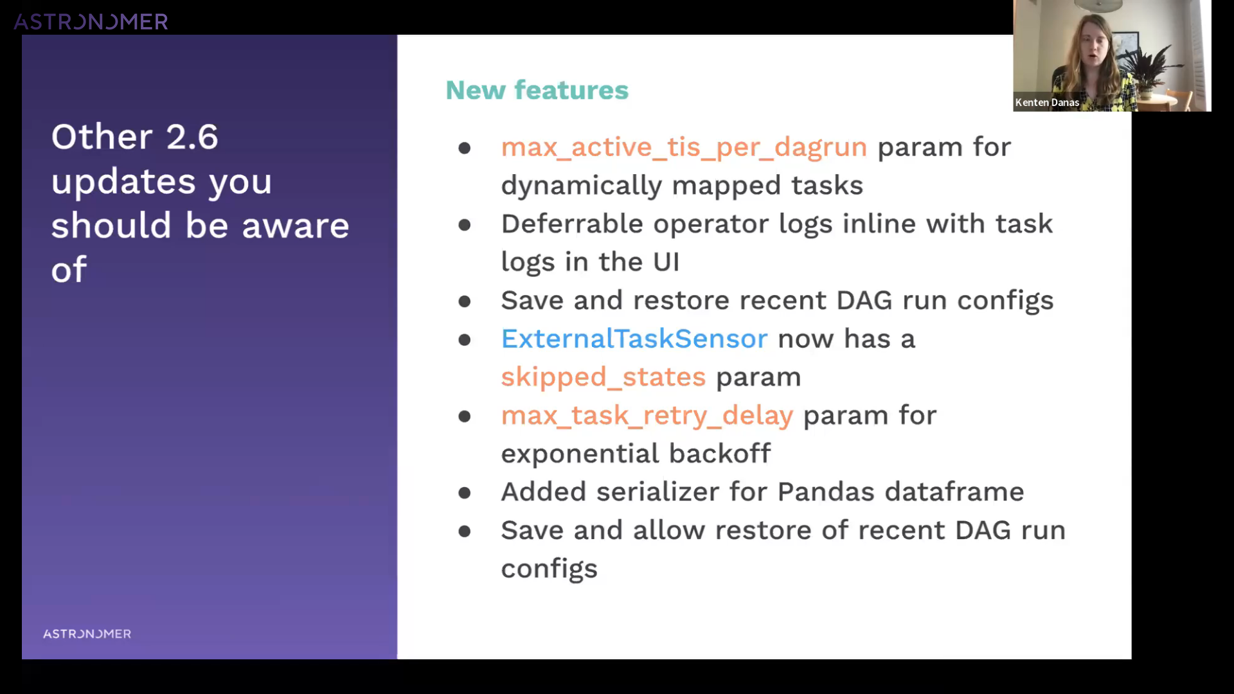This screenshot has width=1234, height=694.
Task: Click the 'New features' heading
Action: [x=537, y=90]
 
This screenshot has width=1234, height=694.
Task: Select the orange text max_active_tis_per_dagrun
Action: [x=684, y=148]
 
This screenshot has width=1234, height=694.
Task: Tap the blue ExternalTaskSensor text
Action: [x=634, y=339]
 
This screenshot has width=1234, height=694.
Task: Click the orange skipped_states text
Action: [x=603, y=377]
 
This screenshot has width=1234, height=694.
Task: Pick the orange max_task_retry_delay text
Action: [x=647, y=416]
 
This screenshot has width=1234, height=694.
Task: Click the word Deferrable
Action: [x=572, y=224]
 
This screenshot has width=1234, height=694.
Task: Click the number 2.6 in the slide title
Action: [x=192, y=137]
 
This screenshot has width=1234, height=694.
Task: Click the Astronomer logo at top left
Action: [x=91, y=22]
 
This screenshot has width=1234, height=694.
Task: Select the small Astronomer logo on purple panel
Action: [x=87, y=634]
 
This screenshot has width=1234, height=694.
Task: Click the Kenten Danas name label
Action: [x=1047, y=102]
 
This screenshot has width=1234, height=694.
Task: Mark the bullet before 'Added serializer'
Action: [x=465, y=493]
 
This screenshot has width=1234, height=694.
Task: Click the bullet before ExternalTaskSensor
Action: [x=465, y=339]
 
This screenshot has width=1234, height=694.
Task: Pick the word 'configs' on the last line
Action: [x=549, y=569]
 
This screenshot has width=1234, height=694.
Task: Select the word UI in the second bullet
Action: [x=666, y=262]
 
